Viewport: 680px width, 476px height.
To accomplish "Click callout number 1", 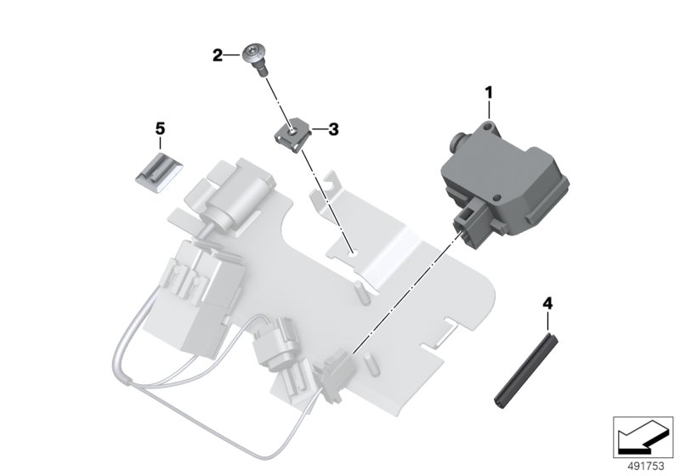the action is coord(489,93).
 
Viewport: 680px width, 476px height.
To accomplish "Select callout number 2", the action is coord(218,55).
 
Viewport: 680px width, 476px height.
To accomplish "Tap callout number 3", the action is coord(333,129).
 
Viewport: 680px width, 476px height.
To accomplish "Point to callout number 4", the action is coord(547,303).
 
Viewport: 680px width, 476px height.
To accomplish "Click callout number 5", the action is coord(160,128).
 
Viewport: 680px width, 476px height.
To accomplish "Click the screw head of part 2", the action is coord(254,54).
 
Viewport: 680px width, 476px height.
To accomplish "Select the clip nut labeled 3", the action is coord(291,137).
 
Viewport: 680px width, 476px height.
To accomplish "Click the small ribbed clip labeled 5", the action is coord(157,173).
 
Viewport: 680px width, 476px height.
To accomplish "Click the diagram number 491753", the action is coord(646,466).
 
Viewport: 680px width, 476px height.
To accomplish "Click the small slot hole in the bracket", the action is coord(354,252).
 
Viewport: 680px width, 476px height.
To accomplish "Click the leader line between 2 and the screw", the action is coord(232,55).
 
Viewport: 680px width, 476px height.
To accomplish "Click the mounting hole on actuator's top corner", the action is coord(488,126).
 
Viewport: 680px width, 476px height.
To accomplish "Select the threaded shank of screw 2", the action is coord(262,70).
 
